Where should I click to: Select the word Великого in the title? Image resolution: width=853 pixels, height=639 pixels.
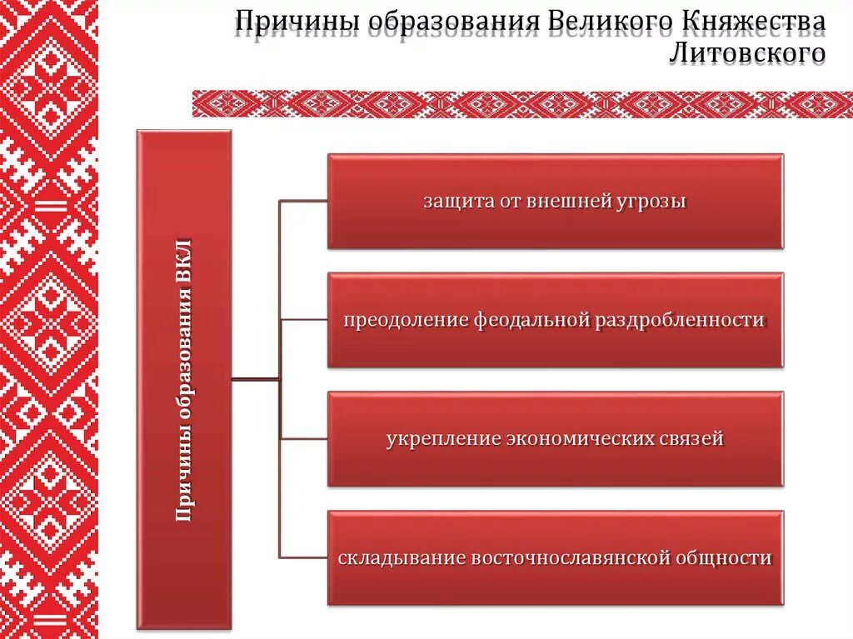click(599, 22)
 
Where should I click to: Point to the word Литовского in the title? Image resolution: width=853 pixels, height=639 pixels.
click(746, 54)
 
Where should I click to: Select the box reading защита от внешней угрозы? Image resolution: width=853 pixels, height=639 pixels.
click(555, 201)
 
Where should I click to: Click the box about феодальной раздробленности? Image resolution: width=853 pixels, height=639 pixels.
click(555, 320)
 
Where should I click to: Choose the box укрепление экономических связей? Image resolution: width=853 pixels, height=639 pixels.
click(555, 439)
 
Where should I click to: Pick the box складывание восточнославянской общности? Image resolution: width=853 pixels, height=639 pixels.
click(555, 557)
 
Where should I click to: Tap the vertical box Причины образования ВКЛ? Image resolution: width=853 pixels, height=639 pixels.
click(183, 379)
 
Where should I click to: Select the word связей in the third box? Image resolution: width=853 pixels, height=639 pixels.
click(694, 439)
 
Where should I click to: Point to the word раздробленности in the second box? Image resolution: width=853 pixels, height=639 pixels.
click(679, 321)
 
